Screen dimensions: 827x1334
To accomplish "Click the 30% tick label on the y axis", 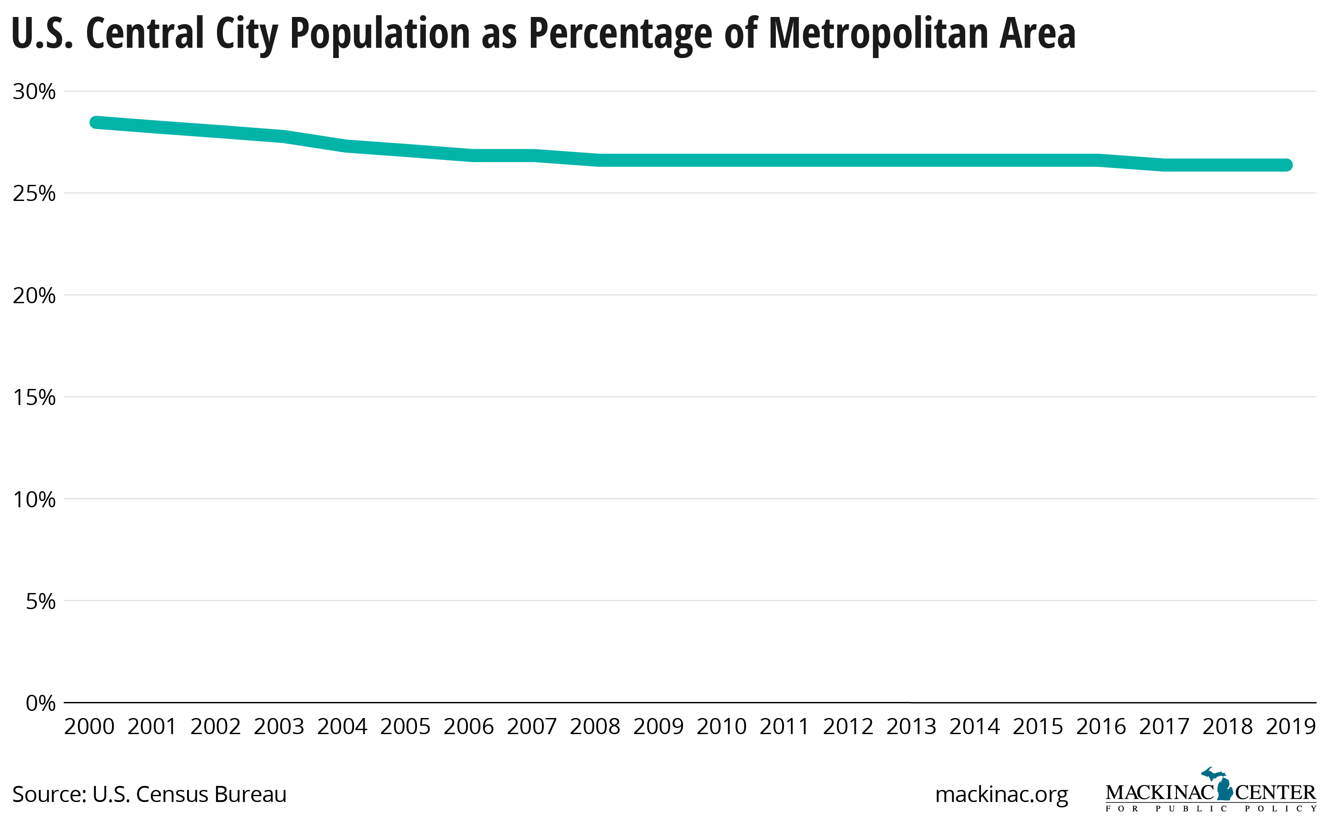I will [x=34, y=92].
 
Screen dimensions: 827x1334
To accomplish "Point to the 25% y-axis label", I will [x=34, y=194].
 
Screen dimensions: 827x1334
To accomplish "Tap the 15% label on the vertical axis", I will [x=34, y=397].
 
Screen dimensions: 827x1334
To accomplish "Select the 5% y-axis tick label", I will [x=41, y=601].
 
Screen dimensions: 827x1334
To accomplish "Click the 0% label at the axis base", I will [x=41, y=703].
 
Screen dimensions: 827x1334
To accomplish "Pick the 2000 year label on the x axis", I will [x=89, y=727].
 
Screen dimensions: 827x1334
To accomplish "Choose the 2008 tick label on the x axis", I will [x=595, y=727].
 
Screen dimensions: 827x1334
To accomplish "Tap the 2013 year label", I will [x=911, y=727].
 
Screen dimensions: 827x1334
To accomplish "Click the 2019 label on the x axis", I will [x=1290, y=727].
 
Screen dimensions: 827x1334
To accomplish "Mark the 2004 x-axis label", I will [x=342, y=727].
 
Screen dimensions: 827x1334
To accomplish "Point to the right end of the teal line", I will [x=1287, y=165].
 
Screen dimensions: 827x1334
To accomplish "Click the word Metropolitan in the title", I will [x=878, y=34].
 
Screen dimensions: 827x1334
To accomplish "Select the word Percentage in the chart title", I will [x=621, y=34].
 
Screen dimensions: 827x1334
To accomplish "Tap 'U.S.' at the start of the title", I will [x=42, y=34].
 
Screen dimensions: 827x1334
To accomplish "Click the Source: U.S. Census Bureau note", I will [x=149, y=794].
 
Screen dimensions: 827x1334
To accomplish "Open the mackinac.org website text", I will [x=1001, y=794].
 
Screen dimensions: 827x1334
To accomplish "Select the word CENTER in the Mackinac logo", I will [x=1275, y=793].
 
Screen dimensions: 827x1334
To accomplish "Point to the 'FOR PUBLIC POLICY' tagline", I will [x=1210, y=809].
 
